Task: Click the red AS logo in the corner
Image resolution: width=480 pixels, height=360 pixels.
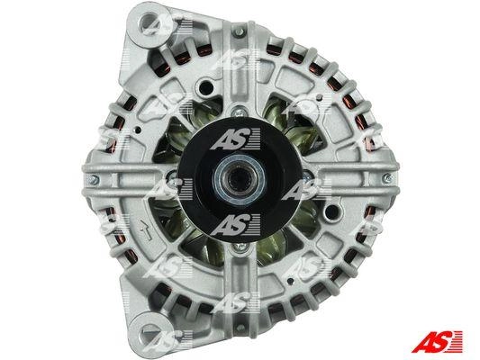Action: point(437,341)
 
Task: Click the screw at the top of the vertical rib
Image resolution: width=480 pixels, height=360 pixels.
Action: point(240,31)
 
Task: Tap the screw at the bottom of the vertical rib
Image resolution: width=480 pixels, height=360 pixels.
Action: point(240,328)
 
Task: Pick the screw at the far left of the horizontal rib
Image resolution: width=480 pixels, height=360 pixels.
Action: point(93,179)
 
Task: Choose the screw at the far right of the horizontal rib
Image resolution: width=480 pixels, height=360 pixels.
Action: point(388,177)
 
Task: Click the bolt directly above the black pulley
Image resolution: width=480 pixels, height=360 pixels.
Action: point(239,111)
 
